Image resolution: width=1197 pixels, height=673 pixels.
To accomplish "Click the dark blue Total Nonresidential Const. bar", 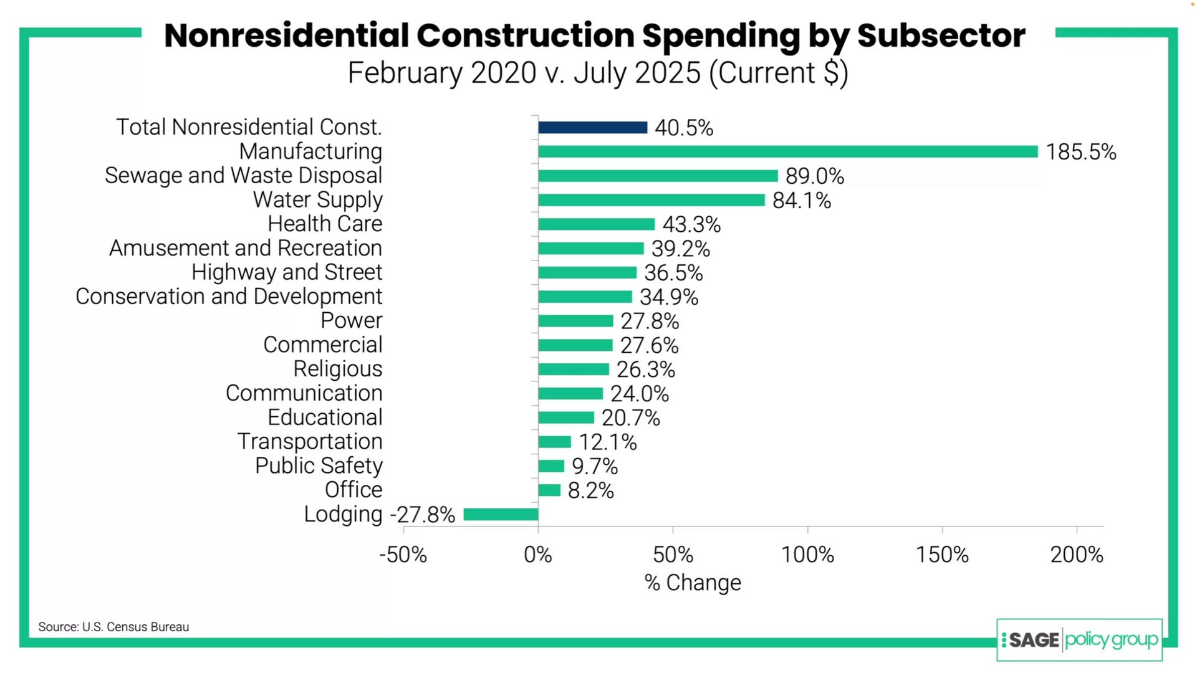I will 592,128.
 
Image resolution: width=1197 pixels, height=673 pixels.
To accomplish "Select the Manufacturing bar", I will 787,151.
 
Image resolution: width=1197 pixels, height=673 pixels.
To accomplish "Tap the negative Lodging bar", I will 501,515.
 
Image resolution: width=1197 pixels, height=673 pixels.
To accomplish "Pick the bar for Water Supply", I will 651,200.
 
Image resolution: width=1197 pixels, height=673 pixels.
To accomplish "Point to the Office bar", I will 549,490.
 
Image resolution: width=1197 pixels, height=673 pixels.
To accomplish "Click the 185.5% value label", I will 1080,152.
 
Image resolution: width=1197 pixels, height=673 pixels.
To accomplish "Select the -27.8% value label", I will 423,515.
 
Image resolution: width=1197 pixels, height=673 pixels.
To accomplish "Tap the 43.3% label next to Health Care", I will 691,224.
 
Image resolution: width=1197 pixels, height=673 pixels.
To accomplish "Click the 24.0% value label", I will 639,394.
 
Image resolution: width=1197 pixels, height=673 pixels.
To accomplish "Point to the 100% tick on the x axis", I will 807,555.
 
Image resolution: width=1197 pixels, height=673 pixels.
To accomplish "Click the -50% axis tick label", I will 403,555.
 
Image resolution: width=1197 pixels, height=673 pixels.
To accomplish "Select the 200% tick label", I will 1076,555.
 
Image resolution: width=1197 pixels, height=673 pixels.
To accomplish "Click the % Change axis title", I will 693,583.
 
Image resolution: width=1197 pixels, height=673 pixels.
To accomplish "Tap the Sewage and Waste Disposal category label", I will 243,176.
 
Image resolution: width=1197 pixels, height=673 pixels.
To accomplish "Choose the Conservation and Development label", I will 229,297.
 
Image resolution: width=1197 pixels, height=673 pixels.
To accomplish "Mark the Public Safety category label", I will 319,466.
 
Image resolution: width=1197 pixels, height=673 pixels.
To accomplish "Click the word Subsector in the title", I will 941,36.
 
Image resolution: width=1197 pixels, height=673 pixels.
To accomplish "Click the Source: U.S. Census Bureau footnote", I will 113,627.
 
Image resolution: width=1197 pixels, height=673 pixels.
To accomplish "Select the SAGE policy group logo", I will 1079,640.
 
